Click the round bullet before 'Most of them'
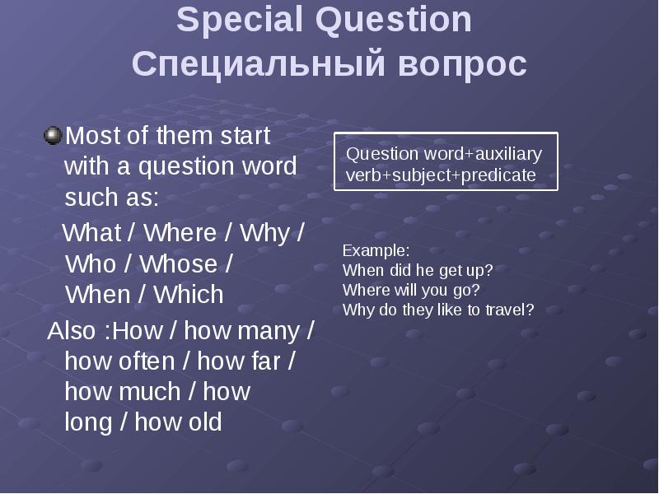pyautogui.click(x=53, y=134)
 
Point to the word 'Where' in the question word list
pyautogui.click(x=180, y=233)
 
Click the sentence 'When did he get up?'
pyautogui.click(x=418, y=270)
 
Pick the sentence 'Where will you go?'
pyautogui.click(x=410, y=290)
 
